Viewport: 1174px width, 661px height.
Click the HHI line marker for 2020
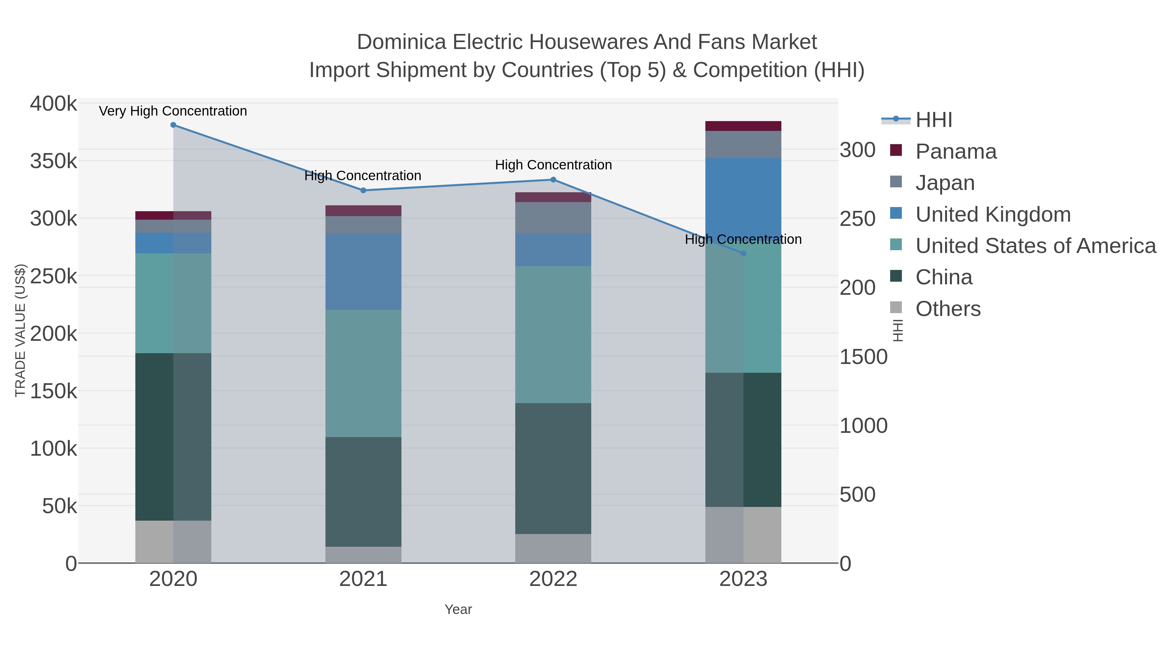click(173, 125)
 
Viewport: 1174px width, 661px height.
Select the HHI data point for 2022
click(553, 180)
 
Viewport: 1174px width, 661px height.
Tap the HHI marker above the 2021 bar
click(363, 191)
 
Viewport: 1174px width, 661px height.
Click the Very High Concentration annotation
click(173, 111)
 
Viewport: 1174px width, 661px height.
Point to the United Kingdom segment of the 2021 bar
click(363, 272)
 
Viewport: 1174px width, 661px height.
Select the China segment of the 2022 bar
click(553, 468)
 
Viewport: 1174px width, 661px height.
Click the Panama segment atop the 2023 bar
click(743, 126)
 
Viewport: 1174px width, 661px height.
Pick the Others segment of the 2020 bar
click(173, 542)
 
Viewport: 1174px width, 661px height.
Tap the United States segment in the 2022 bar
click(553, 334)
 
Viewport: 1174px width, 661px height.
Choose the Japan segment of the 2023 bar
click(743, 144)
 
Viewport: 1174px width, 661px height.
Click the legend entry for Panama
click(956, 151)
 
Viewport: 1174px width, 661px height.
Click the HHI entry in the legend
click(933, 120)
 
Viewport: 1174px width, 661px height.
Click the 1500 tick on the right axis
click(863, 357)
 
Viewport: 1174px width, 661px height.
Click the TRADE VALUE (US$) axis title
click(21, 330)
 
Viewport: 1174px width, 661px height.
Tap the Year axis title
click(458, 609)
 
